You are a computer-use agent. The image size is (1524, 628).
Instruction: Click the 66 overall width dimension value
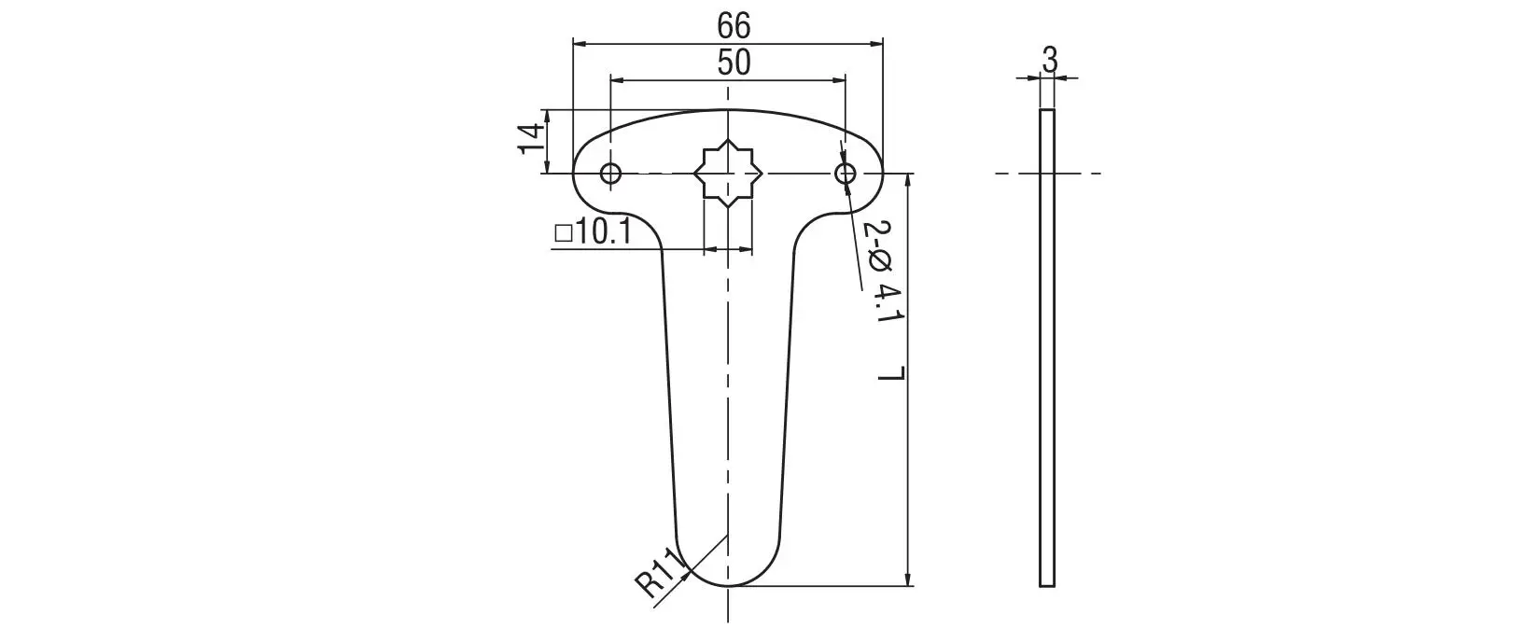(x=734, y=25)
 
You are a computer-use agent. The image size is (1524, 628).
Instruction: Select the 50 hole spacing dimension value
(x=734, y=63)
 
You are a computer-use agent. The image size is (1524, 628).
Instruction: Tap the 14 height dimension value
(x=530, y=140)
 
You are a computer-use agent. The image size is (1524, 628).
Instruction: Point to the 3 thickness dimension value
(x=1049, y=61)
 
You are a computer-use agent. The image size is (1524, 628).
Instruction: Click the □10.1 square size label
(x=594, y=231)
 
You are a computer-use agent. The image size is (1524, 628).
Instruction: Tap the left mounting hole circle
(x=610, y=174)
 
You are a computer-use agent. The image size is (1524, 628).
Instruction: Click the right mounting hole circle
(x=846, y=174)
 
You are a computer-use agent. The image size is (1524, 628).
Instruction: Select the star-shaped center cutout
(x=728, y=174)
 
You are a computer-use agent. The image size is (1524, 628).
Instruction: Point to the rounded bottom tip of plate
(x=728, y=584)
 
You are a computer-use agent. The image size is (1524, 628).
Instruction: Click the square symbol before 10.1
(x=563, y=232)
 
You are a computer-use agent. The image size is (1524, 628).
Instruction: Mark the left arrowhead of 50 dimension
(x=616, y=80)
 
